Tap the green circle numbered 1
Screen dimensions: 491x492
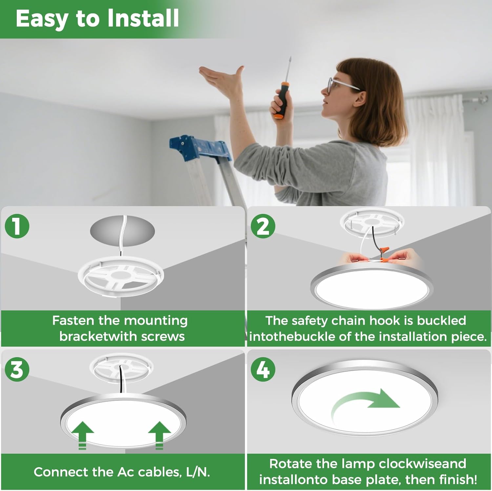point(17,226)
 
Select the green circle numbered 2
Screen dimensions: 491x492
point(263,226)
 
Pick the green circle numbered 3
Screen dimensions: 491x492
point(17,370)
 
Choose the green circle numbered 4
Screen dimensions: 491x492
point(263,370)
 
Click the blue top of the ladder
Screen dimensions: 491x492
point(200,148)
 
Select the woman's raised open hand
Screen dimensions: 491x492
point(223,79)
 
